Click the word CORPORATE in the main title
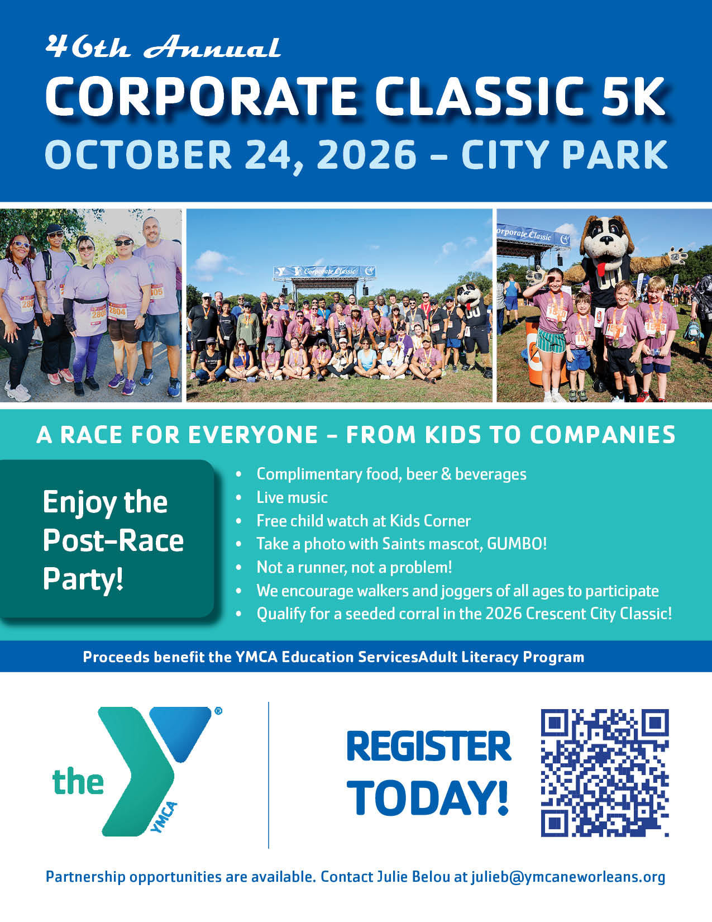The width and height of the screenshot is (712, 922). (x=201, y=96)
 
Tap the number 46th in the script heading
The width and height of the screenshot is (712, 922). (x=87, y=47)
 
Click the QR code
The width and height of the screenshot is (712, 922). (x=605, y=773)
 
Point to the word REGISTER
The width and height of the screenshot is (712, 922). (x=429, y=747)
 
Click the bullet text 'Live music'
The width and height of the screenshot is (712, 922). (x=292, y=497)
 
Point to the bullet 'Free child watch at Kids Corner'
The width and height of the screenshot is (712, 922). (x=364, y=521)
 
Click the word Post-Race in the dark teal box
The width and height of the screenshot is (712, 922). (x=113, y=540)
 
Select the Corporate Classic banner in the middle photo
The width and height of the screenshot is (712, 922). (x=324, y=271)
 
